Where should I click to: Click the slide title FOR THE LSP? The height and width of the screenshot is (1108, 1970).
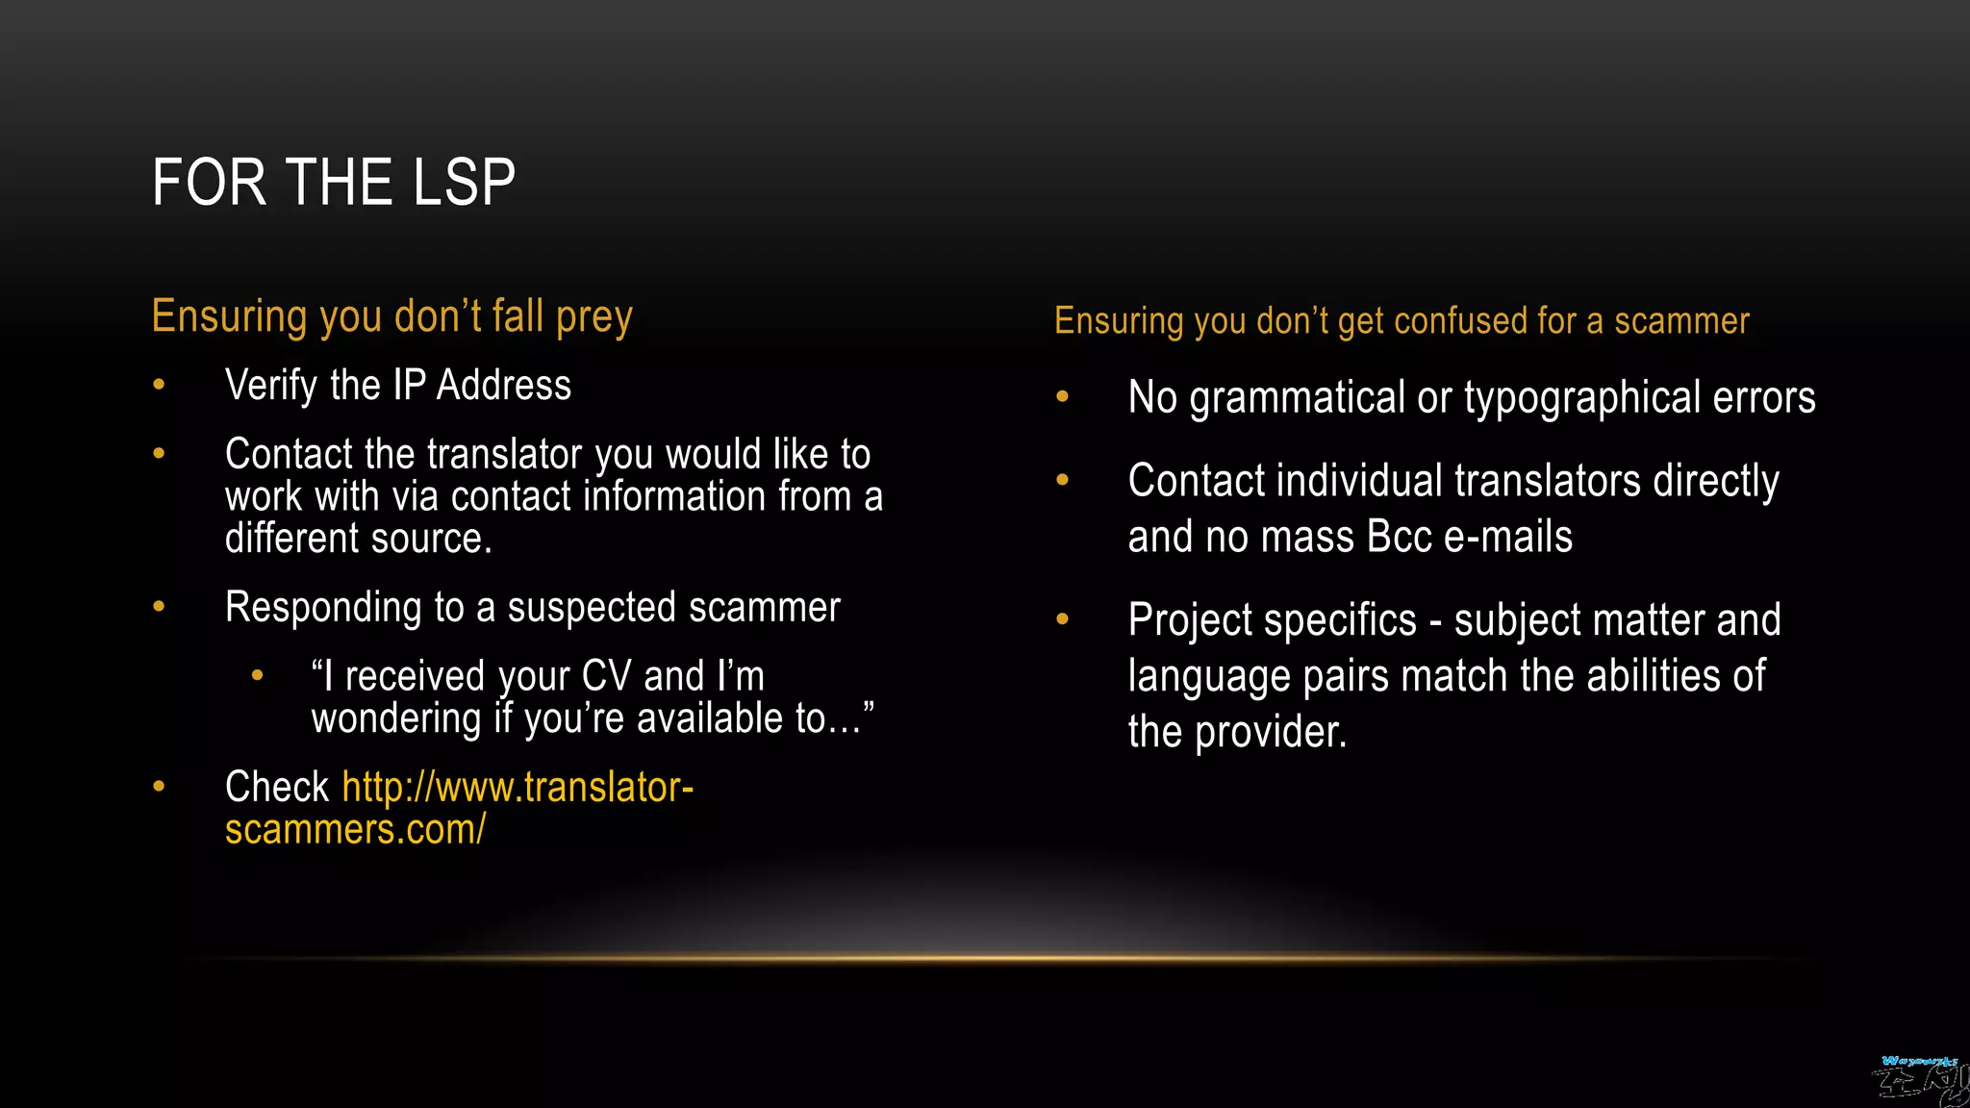pyautogui.click(x=333, y=183)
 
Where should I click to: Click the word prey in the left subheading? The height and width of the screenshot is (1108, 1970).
pyautogui.click(x=594, y=318)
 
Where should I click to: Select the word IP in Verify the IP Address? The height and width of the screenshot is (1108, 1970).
pyautogui.click(x=409, y=386)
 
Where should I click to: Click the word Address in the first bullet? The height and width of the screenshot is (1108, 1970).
pyautogui.click(x=503, y=386)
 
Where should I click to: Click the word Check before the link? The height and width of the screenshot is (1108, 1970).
pyautogui.click(x=277, y=788)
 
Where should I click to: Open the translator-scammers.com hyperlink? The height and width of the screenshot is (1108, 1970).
pyautogui.click(x=518, y=788)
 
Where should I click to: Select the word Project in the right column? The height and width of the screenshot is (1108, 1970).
pyautogui.click(x=1190, y=620)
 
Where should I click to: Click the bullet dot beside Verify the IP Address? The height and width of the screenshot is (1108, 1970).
pyautogui.click(x=159, y=386)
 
